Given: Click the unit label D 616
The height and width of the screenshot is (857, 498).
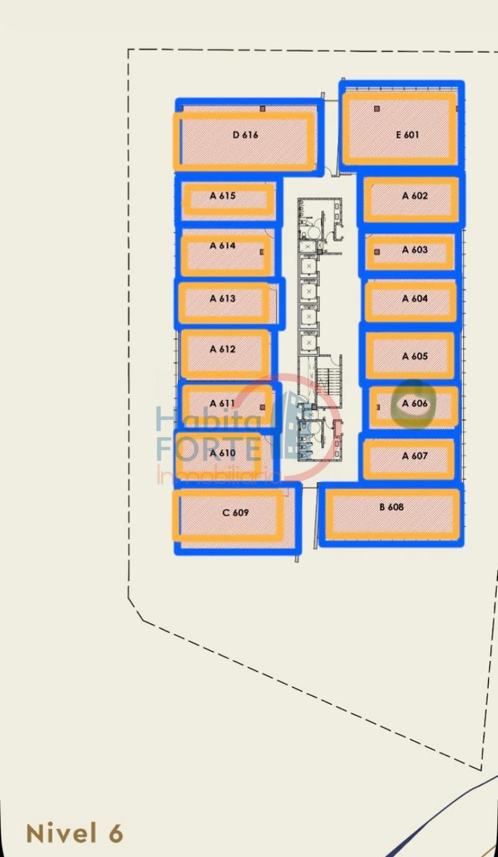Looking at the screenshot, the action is [x=245, y=135].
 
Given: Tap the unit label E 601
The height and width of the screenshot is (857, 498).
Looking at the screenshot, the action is [x=407, y=135].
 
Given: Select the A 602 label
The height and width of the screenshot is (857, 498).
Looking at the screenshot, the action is [x=415, y=196].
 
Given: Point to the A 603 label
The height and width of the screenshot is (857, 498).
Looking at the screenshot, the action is [x=415, y=250].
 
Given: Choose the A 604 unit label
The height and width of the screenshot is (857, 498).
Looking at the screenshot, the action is [x=415, y=298].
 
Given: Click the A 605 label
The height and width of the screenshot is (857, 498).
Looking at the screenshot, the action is [x=415, y=356].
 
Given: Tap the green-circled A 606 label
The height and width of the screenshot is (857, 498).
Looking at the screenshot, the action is [x=415, y=403].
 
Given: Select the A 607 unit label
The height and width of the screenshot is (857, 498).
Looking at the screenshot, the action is [x=415, y=456].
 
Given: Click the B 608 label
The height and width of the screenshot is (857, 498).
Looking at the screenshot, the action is [x=392, y=507].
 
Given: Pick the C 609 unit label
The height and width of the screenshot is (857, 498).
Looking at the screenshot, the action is [x=235, y=513].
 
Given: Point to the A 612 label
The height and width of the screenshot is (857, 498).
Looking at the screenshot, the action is [x=223, y=349].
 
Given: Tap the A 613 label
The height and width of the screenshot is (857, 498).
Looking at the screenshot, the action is [x=223, y=298].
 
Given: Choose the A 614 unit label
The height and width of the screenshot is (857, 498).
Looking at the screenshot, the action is [x=223, y=245].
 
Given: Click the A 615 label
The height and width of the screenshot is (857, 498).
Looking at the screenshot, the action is [x=223, y=196].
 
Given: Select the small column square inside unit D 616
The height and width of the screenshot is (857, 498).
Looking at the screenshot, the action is [x=263, y=109].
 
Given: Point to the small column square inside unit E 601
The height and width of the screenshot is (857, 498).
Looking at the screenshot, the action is [x=377, y=109].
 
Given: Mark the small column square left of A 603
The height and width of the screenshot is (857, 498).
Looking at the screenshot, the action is [x=377, y=252].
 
